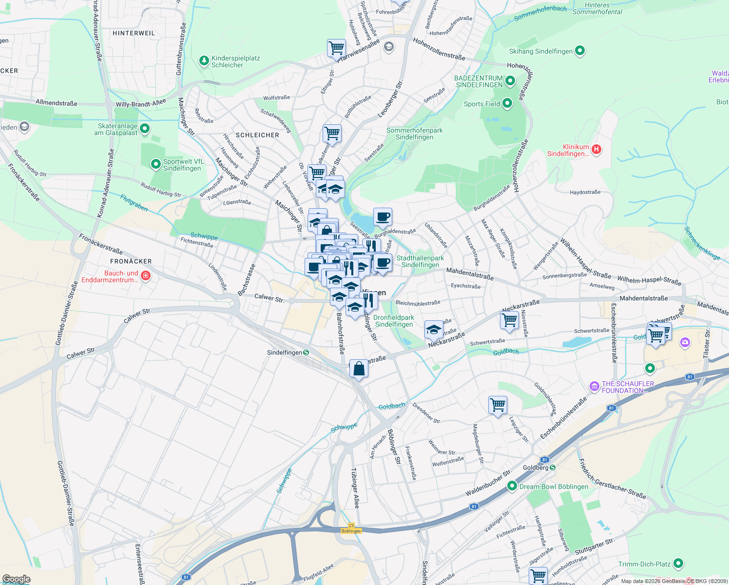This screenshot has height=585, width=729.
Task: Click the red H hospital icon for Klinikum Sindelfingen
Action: pos(596,149)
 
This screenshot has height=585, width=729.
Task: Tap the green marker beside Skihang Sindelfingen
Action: pos(580,51)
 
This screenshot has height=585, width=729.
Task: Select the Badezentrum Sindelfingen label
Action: pos(479,81)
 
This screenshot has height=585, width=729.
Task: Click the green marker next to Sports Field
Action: pos(507,103)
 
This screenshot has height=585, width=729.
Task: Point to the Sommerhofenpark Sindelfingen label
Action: pos(414,134)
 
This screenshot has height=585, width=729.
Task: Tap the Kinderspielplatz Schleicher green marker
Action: pos(204,61)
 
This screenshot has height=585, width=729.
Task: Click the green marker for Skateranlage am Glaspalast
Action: pos(145,129)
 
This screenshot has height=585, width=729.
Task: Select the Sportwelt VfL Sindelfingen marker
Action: pos(155,164)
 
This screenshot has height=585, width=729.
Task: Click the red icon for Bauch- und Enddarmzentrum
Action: pos(145,276)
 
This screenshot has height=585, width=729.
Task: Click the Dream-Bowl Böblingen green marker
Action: pos(512,486)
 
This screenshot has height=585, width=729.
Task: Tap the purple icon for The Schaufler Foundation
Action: pos(594,387)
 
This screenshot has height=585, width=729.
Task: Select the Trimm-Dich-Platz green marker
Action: pos(678,564)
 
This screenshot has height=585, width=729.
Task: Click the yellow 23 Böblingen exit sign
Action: pos(351,528)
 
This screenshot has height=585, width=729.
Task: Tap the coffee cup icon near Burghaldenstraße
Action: pos(383,217)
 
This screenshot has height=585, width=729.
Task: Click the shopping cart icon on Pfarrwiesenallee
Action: pos(336,48)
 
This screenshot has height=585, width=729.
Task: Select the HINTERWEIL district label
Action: pos(134,33)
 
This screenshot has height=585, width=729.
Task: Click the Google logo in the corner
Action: pos(16,579)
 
